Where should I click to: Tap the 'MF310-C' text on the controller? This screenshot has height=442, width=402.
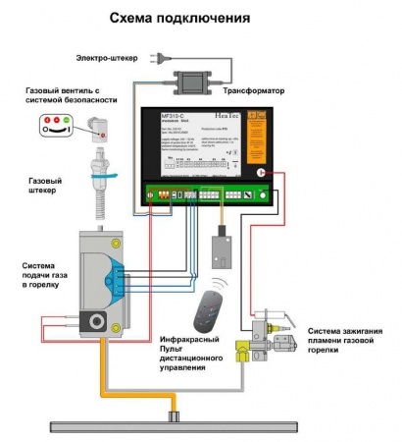point(173,116)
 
